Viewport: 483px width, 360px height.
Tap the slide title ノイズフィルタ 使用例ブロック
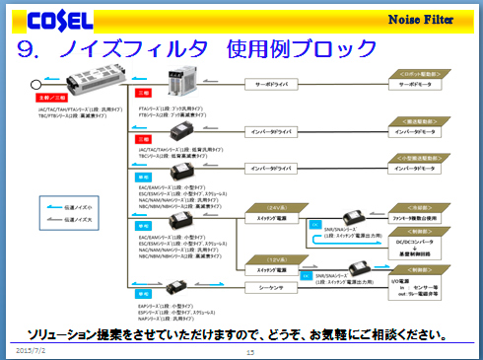197,48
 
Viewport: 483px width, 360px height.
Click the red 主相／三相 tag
50,98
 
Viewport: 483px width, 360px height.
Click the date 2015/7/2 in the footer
30,349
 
